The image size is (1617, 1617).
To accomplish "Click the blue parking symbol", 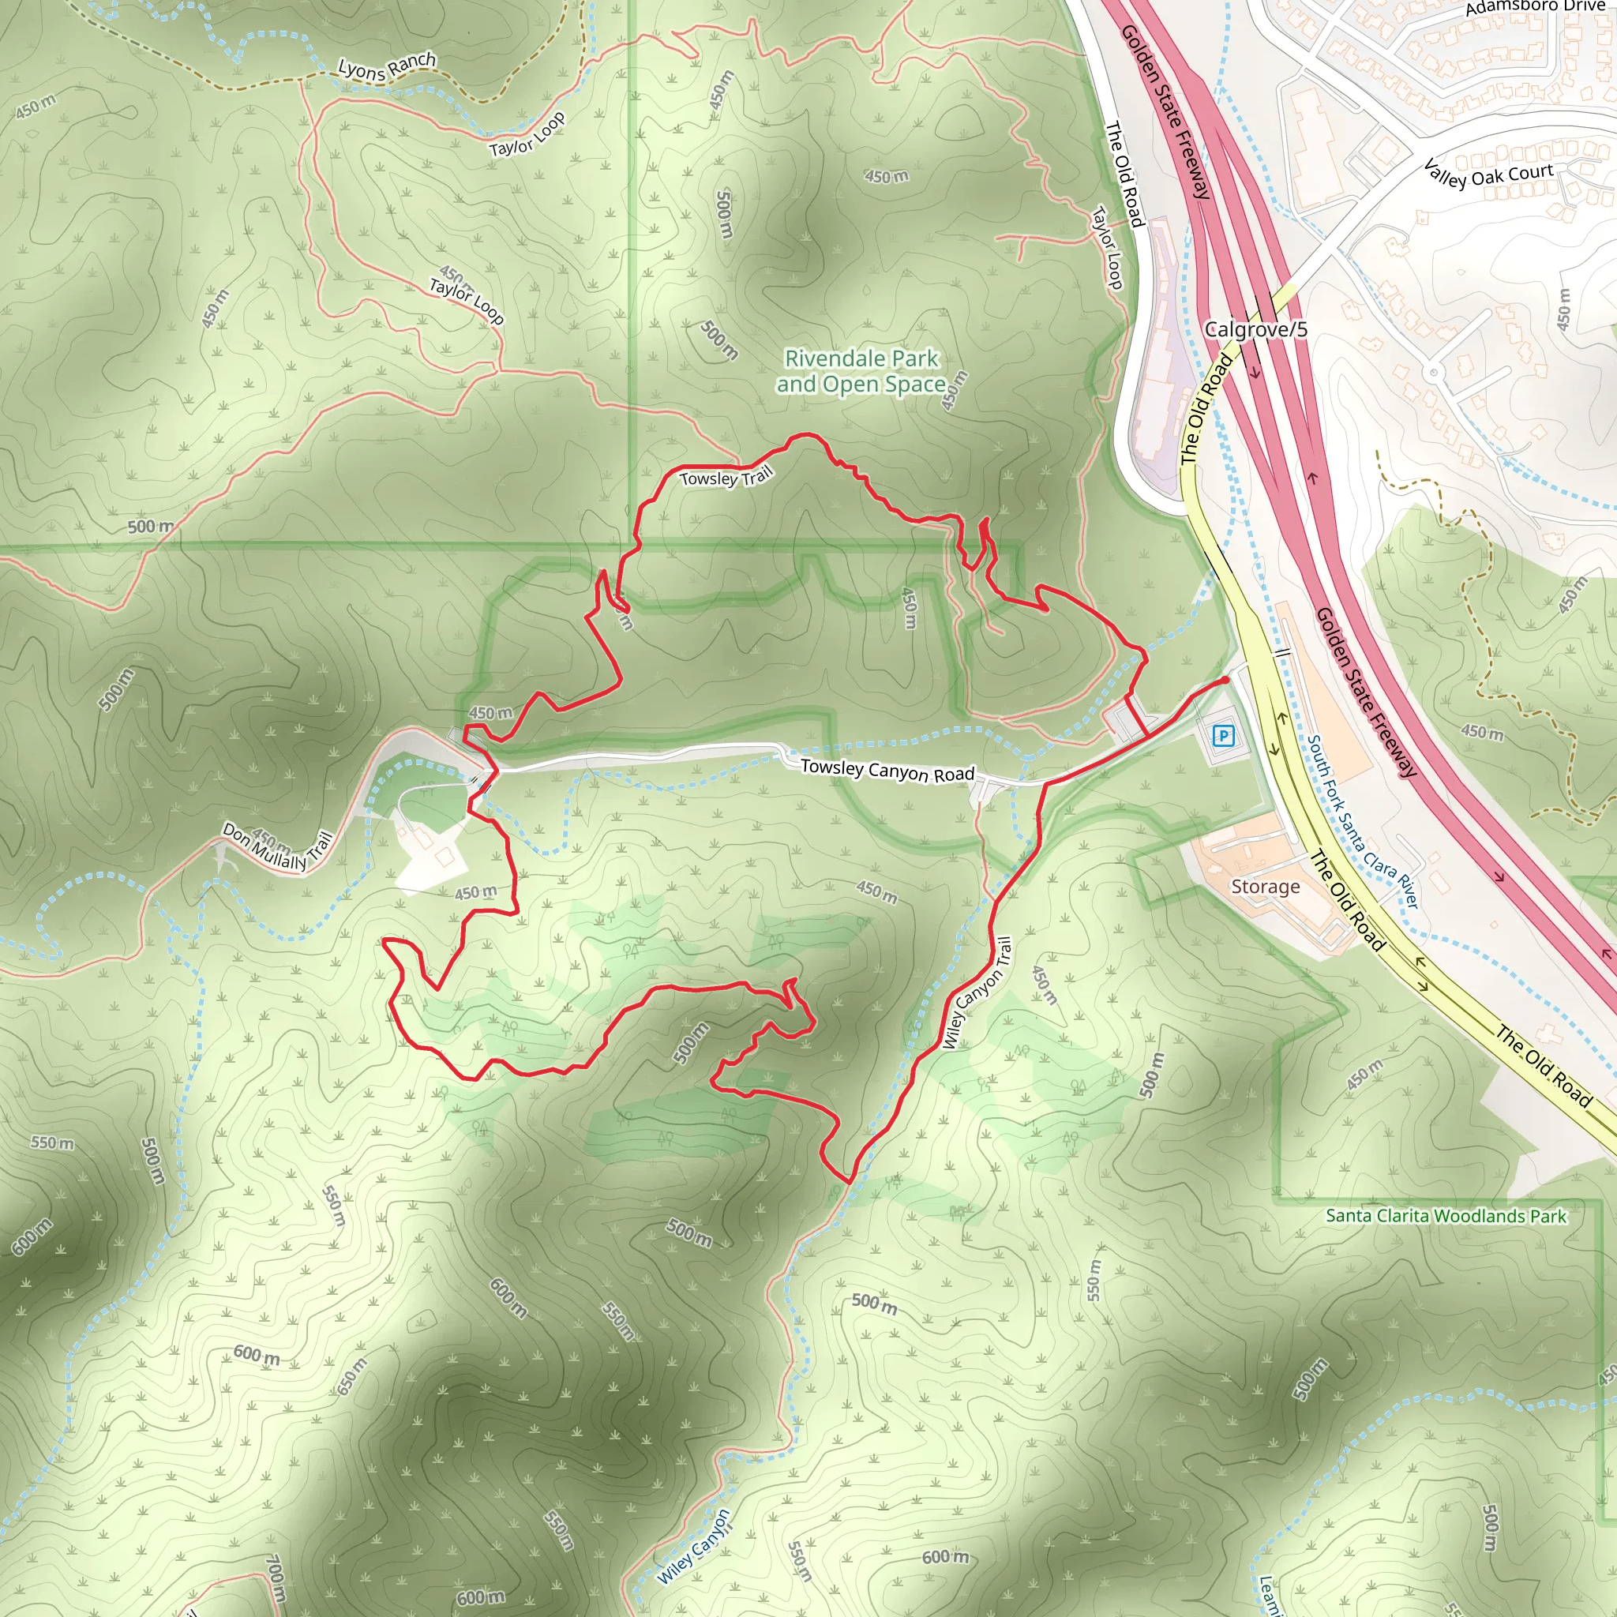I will point(1224,737).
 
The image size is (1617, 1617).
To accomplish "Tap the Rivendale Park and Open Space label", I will point(861,372).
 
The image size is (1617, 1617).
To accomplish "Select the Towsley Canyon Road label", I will point(887,770).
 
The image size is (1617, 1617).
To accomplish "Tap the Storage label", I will point(1265,887).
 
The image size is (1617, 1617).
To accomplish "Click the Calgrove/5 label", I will point(1255,330).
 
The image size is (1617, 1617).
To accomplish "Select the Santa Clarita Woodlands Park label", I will point(1446,1216).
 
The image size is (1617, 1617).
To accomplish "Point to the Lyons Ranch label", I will point(387,68).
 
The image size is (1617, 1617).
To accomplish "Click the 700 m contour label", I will point(275,1578).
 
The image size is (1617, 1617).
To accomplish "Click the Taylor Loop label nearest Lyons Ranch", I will point(527,135).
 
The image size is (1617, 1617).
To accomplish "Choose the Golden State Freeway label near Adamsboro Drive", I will point(1165,111).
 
